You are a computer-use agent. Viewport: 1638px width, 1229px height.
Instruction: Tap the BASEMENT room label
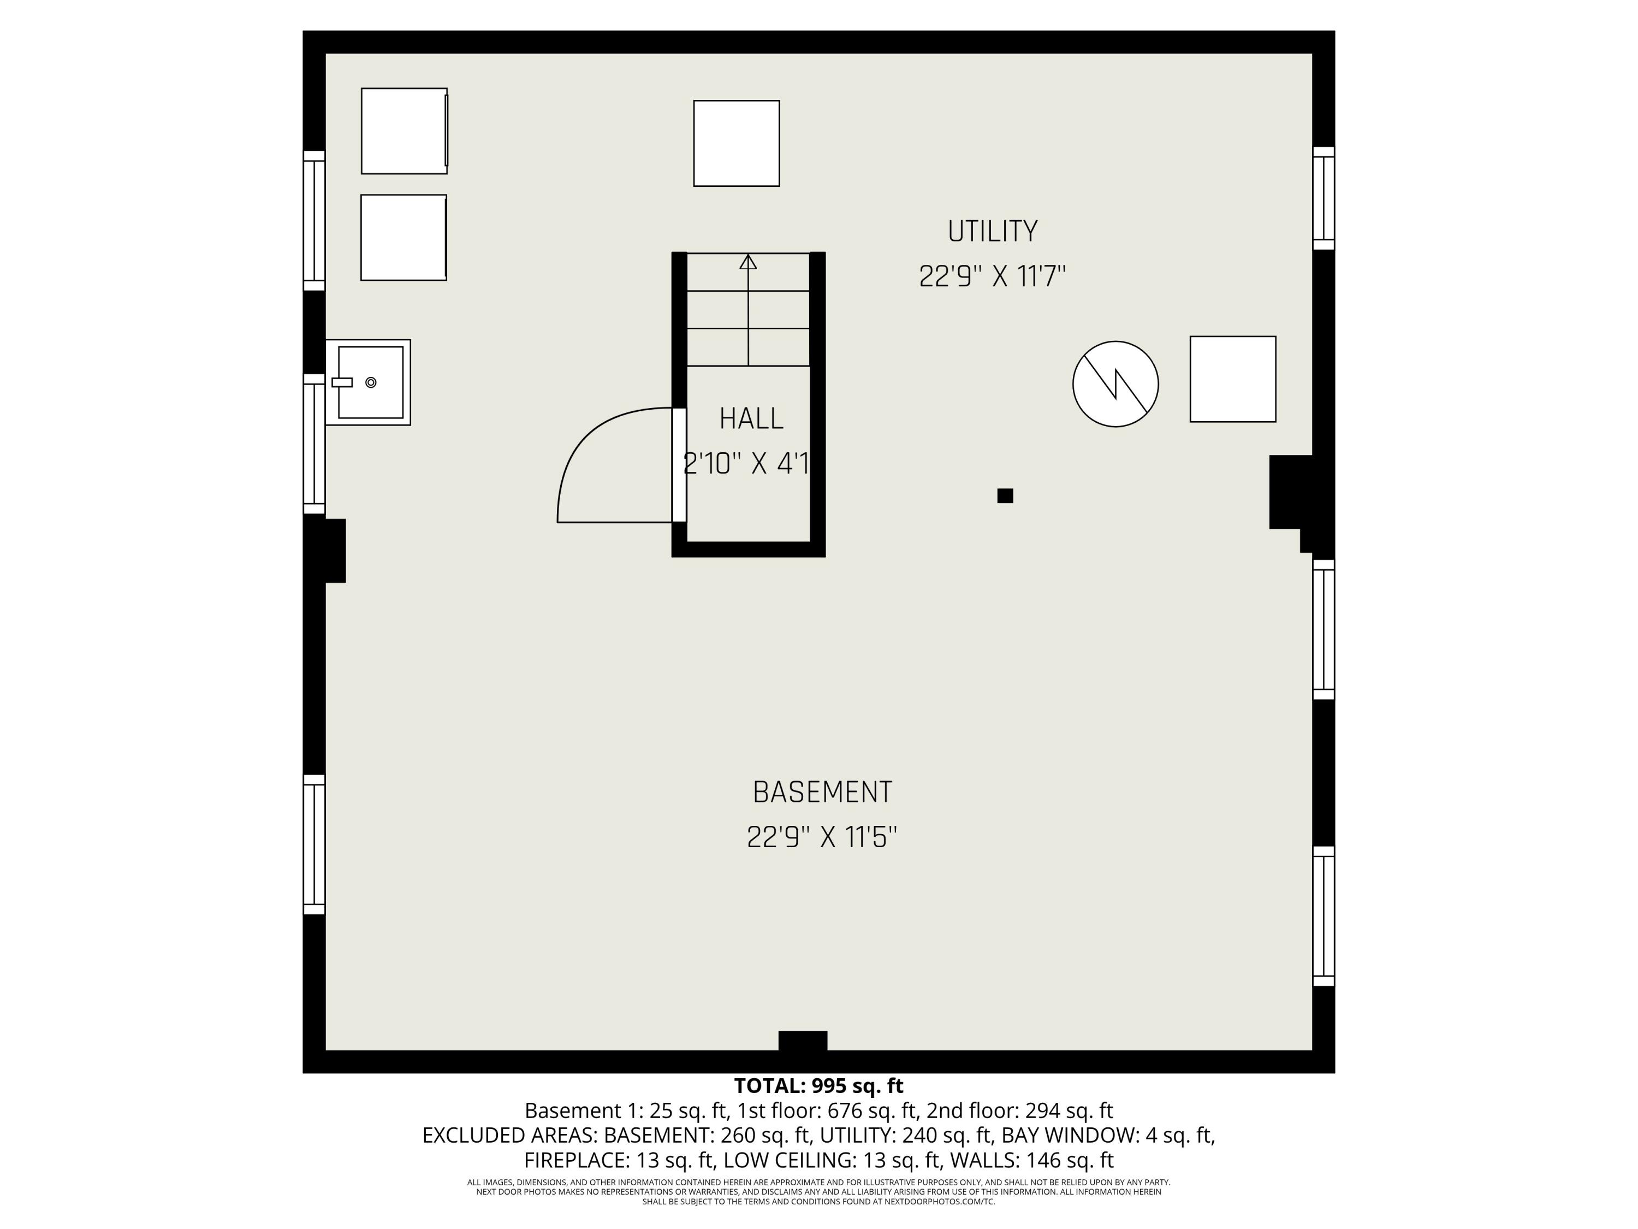(822, 792)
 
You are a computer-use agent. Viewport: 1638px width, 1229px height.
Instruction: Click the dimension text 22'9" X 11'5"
(822, 838)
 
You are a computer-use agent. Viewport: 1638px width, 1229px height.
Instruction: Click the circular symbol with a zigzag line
(1115, 384)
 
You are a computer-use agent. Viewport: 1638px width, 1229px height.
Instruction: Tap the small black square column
(1005, 495)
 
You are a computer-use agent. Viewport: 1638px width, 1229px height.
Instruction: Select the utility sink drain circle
(371, 382)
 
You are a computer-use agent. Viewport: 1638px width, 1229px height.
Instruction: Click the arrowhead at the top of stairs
(748, 262)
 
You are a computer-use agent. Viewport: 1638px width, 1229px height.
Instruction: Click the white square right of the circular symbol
(1232, 379)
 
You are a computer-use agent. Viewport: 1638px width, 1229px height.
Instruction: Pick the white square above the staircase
(736, 143)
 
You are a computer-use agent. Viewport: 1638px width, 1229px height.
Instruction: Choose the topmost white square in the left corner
(405, 131)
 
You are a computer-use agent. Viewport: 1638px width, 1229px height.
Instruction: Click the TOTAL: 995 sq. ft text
(818, 1086)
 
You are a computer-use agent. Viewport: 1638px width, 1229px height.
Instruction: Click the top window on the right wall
(1324, 198)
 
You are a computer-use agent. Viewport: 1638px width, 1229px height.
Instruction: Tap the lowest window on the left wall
(314, 844)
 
